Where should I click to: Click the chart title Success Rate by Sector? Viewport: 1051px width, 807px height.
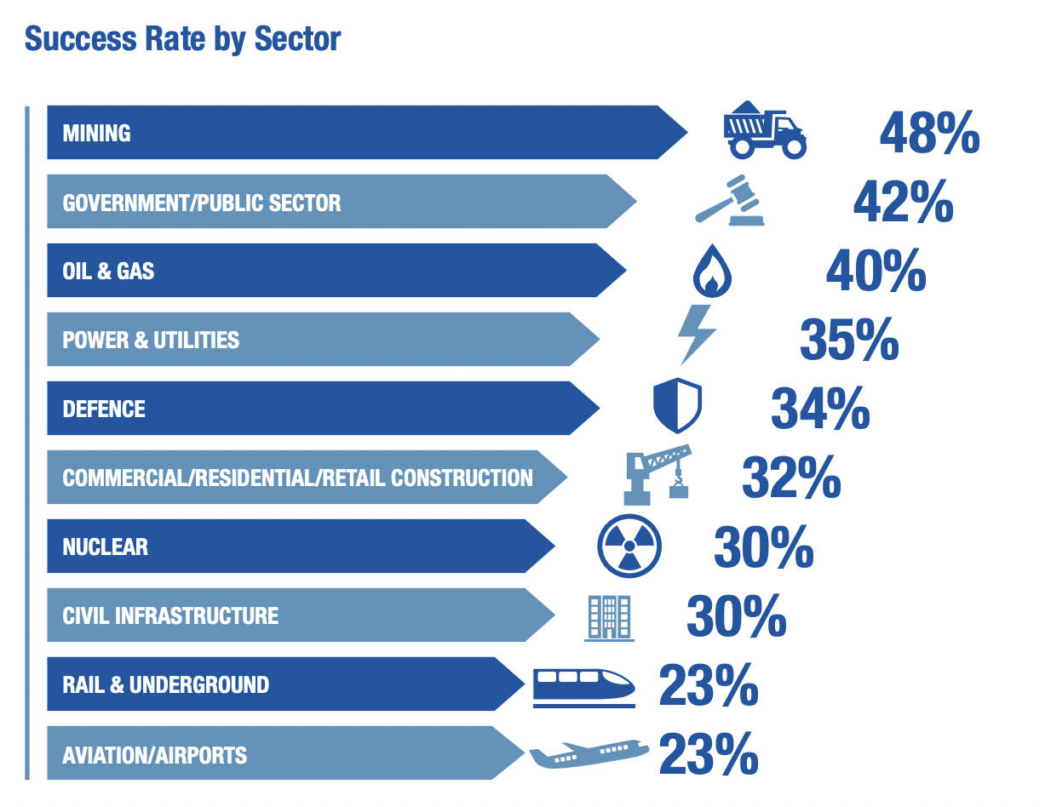click(182, 39)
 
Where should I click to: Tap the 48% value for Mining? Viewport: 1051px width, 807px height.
click(929, 133)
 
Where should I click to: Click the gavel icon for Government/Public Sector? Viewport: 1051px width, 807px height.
click(729, 201)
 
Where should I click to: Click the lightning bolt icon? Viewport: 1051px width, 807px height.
click(697, 335)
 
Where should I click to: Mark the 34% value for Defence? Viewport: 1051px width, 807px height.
click(820, 409)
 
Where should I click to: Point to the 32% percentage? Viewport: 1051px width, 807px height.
click(791, 478)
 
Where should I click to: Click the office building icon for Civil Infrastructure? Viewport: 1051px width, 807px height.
click(609, 616)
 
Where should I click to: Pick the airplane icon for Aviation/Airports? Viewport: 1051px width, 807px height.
click(589, 753)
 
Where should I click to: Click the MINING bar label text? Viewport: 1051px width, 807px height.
click(96, 133)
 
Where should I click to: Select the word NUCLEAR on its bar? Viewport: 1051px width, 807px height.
click(105, 547)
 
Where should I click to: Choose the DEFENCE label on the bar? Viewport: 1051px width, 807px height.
click(104, 409)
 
